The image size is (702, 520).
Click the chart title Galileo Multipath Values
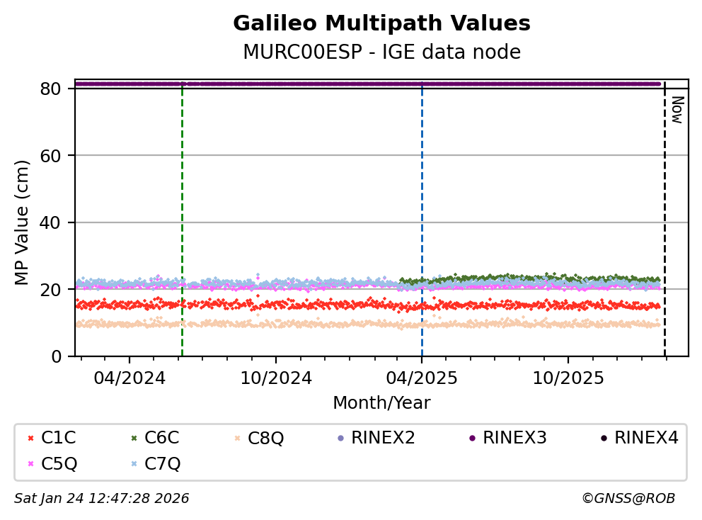tap(381, 23)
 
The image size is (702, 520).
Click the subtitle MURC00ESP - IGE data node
tap(381, 52)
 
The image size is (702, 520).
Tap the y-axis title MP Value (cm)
tap(23, 222)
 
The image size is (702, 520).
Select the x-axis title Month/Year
tap(381, 403)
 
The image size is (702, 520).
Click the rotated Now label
tap(676, 110)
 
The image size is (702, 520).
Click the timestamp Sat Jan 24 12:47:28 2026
tap(102, 499)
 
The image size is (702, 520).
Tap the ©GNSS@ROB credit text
tap(628, 499)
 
